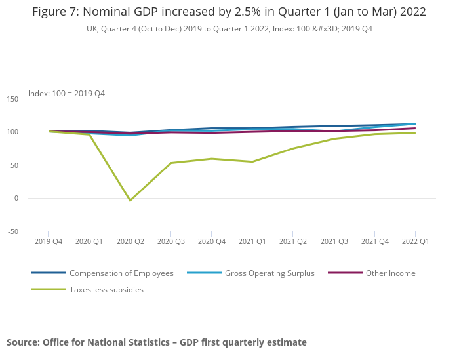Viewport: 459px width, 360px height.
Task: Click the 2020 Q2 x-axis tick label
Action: (x=130, y=241)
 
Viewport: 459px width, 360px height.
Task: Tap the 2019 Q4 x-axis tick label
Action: (x=49, y=241)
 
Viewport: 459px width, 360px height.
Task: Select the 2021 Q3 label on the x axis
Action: (x=334, y=241)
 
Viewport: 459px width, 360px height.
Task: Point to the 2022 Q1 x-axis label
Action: (x=415, y=241)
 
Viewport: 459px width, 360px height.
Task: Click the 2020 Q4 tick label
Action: (x=211, y=241)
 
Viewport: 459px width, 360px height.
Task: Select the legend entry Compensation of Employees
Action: (x=121, y=273)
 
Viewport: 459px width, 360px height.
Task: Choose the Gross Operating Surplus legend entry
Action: (x=269, y=273)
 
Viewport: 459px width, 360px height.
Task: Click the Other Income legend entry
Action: (x=391, y=273)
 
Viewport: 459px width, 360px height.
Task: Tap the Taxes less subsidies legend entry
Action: (x=106, y=290)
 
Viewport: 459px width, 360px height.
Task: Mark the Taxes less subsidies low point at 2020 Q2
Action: (x=130, y=201)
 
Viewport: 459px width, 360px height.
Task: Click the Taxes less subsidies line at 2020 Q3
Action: (x=170, y=163)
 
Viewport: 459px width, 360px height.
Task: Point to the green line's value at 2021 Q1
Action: (x=252, y=162)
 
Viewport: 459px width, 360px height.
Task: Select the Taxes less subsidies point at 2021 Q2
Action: (x=293, y=148)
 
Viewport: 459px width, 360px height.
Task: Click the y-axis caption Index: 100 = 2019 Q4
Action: (x=66, y=94)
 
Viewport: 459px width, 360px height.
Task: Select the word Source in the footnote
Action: (x=23, y=342)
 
